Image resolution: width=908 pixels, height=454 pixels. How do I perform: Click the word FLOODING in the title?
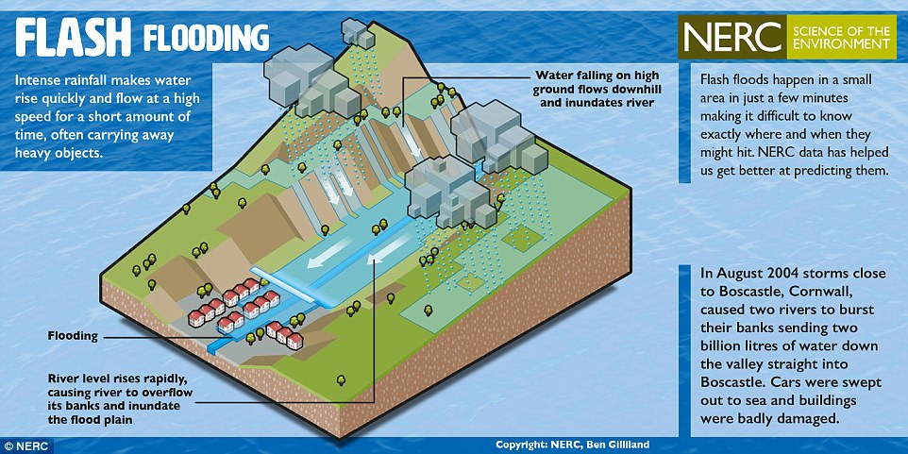click(x=206, y=37)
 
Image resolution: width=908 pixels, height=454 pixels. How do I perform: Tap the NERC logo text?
click(x=732, y=37)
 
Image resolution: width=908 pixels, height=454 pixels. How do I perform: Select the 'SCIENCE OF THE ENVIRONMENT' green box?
click(x=841, y=37)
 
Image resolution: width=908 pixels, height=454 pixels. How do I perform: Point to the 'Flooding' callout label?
click(x=73, y=336)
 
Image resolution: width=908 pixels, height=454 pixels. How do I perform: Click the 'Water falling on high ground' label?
click(x=597, y=89)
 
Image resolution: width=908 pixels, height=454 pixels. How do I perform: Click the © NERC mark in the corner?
click(x=25, y=446)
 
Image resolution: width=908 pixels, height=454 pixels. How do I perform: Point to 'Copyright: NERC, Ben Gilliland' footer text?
click(x=572, y=445)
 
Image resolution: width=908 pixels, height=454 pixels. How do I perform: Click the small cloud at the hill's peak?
click(x=358, y=33)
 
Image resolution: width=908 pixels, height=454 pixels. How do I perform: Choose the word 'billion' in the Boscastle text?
click(x=721, y=345)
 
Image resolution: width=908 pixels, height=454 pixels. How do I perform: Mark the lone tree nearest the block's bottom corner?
click(x=341, y=379)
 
